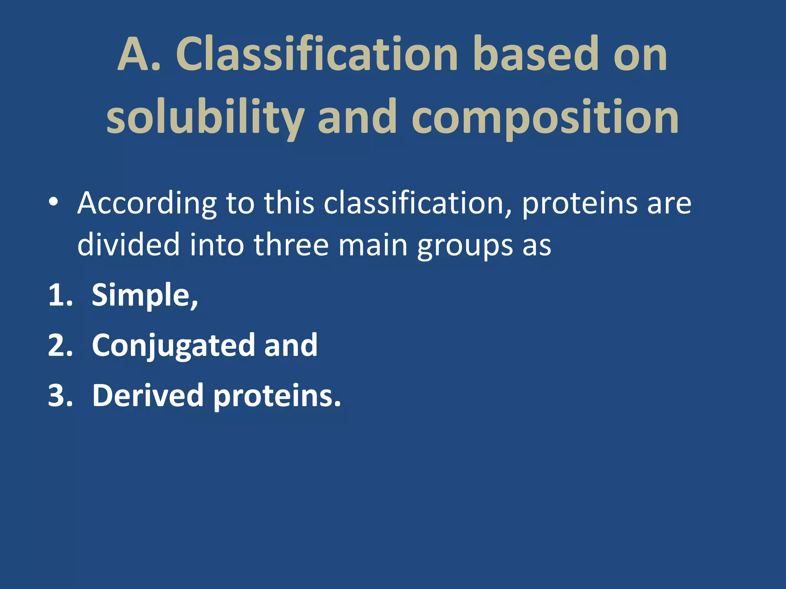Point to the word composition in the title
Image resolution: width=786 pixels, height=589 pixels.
tap(545, 117)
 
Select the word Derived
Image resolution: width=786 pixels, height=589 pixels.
tap(148, 395)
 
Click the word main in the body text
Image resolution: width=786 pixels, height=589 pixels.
tap(373, 245)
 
